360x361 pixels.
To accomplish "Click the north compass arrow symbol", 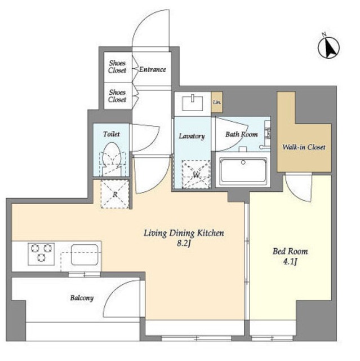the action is pyautogui.click(x=328, y=47).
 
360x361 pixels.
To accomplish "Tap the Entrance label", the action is pyautogui.click(x=153, y=69).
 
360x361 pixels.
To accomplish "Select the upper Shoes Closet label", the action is pyautogui.click(x=117, y=67).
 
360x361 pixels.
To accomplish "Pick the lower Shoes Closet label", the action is pyautogui.click(x=117, y=96).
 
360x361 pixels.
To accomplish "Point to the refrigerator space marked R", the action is pyautogui.click(x=115, y=194).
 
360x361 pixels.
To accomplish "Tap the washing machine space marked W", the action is pyautogui.click(x=196, y=174).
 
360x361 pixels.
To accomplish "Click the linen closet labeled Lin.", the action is pyautogui.click(x=217, y=102).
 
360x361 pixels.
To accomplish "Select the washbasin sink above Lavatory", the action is pyautogui.click(x=193, y=103).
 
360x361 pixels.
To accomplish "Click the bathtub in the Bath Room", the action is pyautogui.click(x=243, y=170).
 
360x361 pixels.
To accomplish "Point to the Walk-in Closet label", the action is pyautogui.click(x=304, y=147).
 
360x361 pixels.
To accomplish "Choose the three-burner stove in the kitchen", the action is pyautogui.click(x=41, y=254).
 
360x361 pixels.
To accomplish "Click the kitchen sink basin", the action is pyautogui.click(x=85, y=254).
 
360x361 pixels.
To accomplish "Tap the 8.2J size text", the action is pyautogui.click(x=184, y=243).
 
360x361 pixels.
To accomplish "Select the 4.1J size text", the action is pyautogui.click(x=290, y=262).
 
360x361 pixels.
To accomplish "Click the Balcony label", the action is pyautogui.click(x=82, y=298).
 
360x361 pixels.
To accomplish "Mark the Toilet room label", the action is pyautogui.click(x=111, y=134).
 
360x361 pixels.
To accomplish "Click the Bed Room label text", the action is pyautogui.click(x=290, y=251).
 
